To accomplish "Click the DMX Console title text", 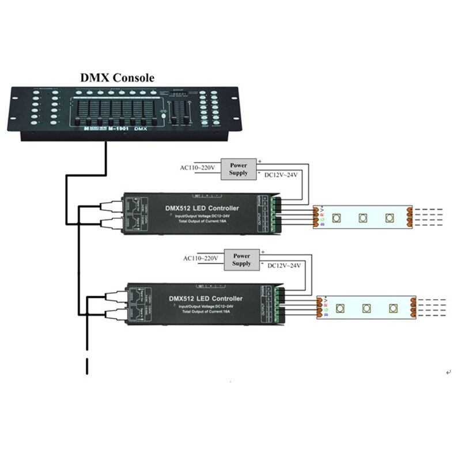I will (116, 78).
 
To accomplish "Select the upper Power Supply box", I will (238, 169).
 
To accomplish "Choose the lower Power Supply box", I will (241, 259).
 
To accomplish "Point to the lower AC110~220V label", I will (200, 258).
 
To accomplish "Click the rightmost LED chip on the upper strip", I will (391, 218).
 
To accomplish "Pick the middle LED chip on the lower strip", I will (366, 308).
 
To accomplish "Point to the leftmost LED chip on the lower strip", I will (341, 308).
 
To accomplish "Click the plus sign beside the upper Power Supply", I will (259, 161).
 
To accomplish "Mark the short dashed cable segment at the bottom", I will (87, 366).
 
